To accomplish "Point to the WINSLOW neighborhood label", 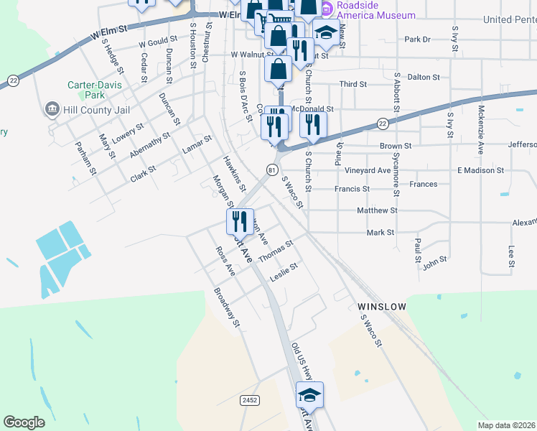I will coord(381,307).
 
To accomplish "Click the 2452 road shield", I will coord(250,399).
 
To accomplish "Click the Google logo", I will coord(24,422).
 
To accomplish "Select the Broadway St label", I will coord(226,308).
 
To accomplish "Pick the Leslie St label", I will coord(283,272).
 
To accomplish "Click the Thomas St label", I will coord(276,251).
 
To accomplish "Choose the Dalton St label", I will coord(423,76).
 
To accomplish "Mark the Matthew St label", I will coord(377,210).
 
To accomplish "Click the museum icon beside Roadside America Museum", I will coord(326,9).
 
